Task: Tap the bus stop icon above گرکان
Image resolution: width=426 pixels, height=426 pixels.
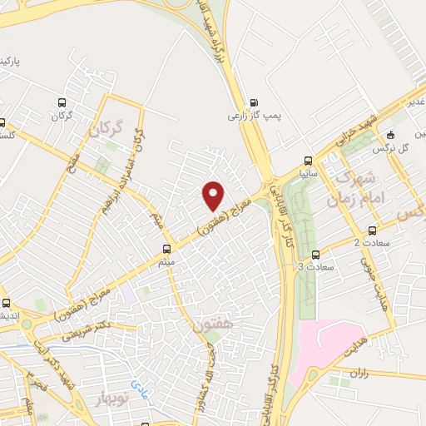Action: [59, 102]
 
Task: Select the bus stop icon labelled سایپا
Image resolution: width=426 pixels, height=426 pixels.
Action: [309, 161]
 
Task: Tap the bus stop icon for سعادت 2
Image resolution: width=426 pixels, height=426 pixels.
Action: [372, 230]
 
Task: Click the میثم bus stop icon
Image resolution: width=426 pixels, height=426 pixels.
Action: [167, 249]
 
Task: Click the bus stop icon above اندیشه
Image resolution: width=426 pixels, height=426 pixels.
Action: [7, 303]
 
